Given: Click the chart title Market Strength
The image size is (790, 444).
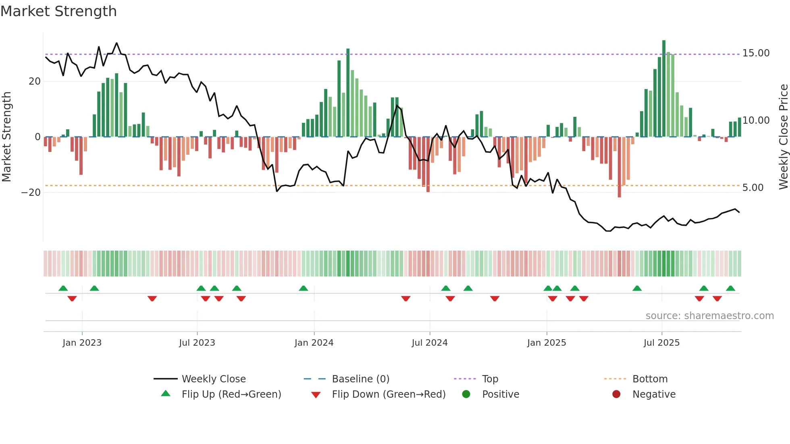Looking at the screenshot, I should tap(58, 11).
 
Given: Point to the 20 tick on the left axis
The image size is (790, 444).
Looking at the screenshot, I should tap(35, 81).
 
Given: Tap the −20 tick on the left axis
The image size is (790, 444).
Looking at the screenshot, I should tap(31, 193).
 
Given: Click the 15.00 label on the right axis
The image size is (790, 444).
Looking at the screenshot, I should tap(756, 53).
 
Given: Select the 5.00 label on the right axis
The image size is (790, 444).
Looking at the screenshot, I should tap(753, 188).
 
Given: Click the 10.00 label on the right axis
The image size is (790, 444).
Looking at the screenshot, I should tap(756, 120).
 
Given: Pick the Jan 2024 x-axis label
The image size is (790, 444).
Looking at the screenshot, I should tap(314, 343).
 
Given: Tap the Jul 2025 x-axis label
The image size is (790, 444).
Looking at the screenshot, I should tap(661, 343).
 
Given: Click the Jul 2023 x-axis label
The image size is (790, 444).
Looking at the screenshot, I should tap(197, 343).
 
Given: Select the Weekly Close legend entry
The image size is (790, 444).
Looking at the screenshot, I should tap(213, 379).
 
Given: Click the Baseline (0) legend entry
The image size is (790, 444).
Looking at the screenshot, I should tap(360, 379).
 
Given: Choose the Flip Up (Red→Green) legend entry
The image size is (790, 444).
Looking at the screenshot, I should tap(231, 394).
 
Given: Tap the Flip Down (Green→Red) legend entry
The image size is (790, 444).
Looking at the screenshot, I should tap(389, 394).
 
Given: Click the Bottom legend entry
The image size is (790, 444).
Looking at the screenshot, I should tap(650, 379).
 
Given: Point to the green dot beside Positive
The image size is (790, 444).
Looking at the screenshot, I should tap(466, 394).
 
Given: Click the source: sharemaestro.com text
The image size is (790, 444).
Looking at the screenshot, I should tap(709, 316).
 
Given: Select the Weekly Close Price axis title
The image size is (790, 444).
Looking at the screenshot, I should tap(783, 137).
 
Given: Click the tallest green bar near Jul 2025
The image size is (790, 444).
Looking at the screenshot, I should tap(664, 89).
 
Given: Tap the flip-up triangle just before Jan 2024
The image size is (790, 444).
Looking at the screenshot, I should tap(304, 288).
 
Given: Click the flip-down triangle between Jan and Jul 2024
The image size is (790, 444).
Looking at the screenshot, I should tap(406, 299).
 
